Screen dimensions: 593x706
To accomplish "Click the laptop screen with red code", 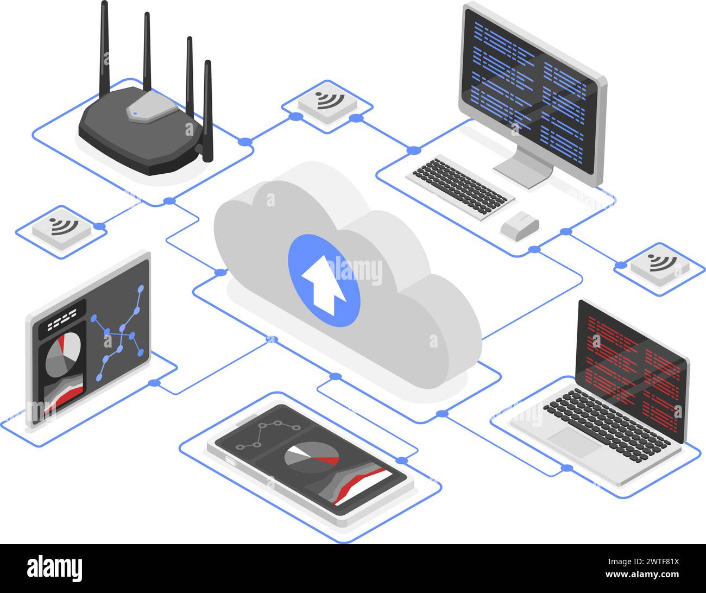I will click(x=633, y=369).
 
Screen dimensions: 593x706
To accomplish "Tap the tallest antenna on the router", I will click(x=104, y=49).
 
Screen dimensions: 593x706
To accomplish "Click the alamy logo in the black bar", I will click(x=55, y=568).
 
